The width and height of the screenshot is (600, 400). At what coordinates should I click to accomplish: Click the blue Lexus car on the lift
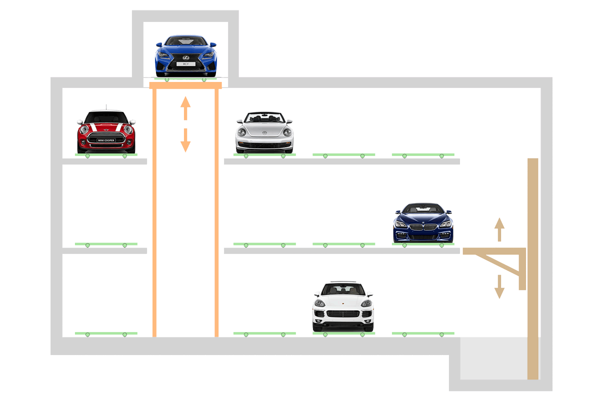tap(185, 55)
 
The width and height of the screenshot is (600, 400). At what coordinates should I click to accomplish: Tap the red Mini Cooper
tap(106, 131)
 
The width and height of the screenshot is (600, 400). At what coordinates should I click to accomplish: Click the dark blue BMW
tap(423, 222)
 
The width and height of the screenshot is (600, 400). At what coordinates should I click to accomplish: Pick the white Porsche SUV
tap(343, 306)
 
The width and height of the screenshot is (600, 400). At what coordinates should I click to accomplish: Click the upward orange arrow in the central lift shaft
tap(185, 107)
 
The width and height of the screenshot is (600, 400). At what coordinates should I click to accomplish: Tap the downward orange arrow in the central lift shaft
tap(185, 140)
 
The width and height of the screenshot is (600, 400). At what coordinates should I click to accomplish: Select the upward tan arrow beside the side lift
tap(499, 229)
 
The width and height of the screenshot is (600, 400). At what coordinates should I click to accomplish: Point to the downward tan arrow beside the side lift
tap(499, 287)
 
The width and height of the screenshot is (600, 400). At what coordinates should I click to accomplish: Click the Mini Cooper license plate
tap(106, 140)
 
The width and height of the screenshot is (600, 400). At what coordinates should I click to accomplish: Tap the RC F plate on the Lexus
tap(185, 64)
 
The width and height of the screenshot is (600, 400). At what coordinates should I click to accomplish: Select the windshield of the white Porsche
tap(343, 289)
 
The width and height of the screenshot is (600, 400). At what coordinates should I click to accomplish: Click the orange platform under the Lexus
tap(185, 85)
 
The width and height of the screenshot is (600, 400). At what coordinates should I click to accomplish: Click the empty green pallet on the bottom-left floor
tap(106, 333)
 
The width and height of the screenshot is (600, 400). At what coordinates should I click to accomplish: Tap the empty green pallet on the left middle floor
tap(106, 244)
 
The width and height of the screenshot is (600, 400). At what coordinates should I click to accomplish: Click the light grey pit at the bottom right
tap(492, 360)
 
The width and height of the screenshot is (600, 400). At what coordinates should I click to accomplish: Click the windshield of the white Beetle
tap(264, 119)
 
